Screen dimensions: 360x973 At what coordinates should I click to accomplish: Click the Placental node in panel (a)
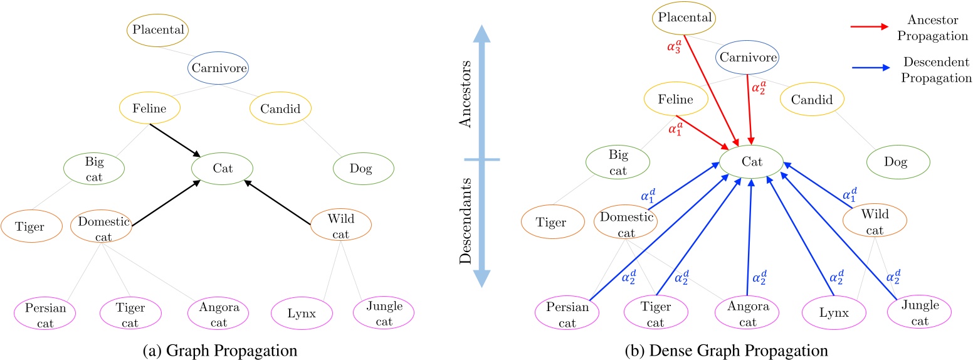pyautogui.click(x=157, y=29)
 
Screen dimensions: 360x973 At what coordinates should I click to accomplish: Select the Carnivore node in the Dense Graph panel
pyautogui.click(x=748, y=58)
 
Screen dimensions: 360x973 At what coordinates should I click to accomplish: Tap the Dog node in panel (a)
pyautogui.click(x=362, y=168)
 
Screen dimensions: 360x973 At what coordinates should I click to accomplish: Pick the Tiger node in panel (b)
pyautogui.click(x=553, y=223)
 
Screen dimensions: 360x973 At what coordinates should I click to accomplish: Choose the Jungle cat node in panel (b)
pyautogui.click(x=920, y=312)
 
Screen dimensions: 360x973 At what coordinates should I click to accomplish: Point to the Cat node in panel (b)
pyautogui.click(x=751, y=162)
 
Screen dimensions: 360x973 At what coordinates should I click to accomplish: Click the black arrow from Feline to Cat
pyautogui.click(x=176, y=139)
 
